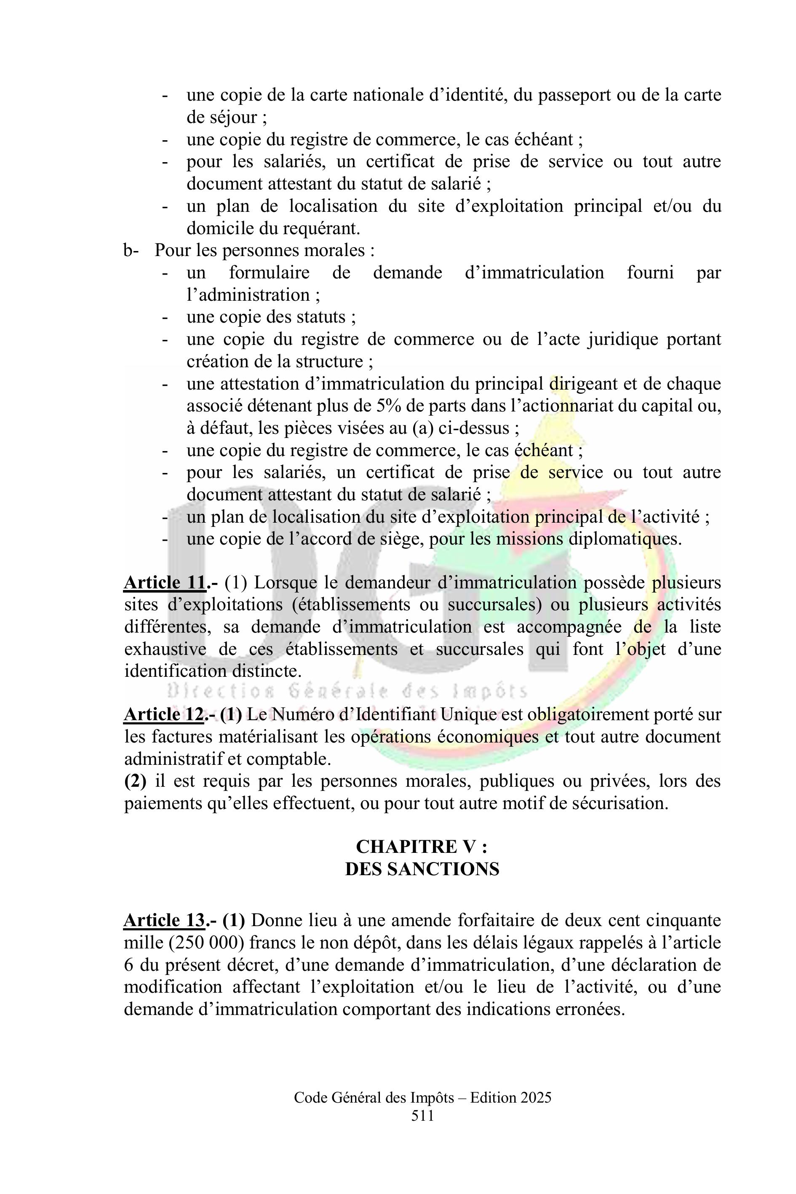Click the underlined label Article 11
tap(164, 583)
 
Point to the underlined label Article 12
tap(164, 715)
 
